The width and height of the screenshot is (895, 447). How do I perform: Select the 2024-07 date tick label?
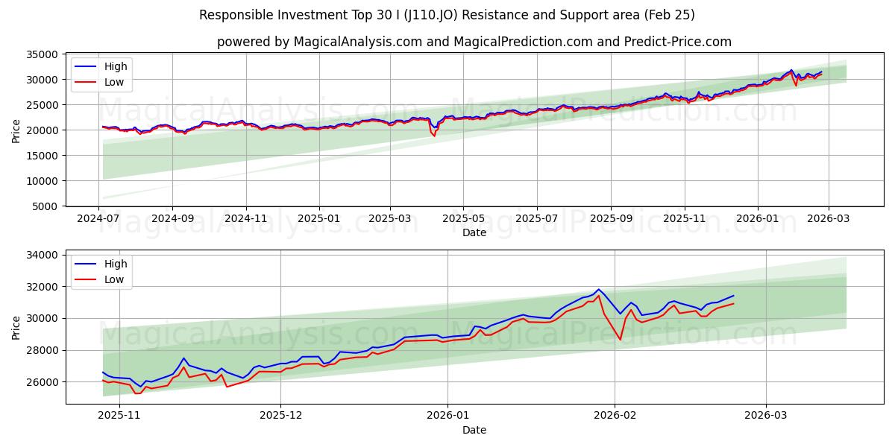point(99,218)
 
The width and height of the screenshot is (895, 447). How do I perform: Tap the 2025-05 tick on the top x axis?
point(463,218)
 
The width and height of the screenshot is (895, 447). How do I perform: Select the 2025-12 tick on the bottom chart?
point(281,416)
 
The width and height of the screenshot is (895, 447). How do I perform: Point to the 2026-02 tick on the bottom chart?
point(616,416)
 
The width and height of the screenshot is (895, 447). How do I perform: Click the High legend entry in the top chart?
point(116,66)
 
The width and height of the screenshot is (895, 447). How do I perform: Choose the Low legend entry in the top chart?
point(114,82)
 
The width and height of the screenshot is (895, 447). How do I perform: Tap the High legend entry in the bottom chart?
point(116,264)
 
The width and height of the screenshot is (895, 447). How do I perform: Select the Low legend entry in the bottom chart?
point(114,279)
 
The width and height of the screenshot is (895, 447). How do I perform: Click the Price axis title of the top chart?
point(16,130)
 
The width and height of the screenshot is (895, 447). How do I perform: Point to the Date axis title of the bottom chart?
point(474,430)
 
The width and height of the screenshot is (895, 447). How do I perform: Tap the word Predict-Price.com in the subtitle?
point(680,42)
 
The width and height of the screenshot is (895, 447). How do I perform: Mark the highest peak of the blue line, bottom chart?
point(598,289)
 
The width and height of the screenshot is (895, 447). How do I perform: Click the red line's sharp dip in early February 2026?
point(620,340)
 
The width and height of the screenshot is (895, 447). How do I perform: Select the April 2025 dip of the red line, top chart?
point(434,136)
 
